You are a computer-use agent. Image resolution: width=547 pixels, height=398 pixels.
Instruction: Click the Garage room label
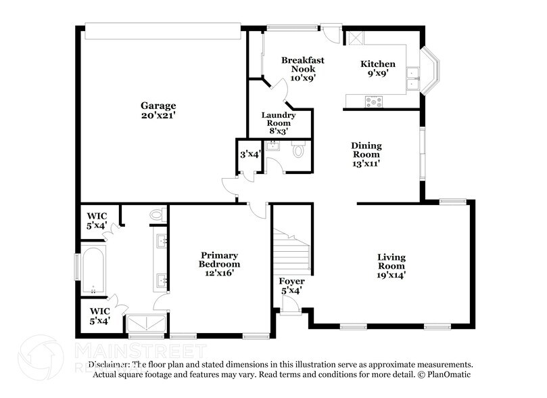(158, 106)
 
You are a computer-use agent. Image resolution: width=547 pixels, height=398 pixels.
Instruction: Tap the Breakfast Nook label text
(302, 64)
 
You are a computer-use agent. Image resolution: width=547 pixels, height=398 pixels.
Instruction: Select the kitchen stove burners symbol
(373, 102)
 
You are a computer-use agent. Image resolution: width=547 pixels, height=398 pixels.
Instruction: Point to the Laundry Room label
(279, 118)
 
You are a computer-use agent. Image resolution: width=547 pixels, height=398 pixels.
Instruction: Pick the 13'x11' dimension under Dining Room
(366, 163)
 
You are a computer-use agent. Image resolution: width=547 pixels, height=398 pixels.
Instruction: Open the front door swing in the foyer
(291, 306)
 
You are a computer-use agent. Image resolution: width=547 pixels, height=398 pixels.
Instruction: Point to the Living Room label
(391, 261)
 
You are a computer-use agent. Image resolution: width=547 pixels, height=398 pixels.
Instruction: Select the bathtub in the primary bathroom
(93, 270)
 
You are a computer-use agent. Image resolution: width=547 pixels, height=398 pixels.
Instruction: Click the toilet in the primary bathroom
(157, 215)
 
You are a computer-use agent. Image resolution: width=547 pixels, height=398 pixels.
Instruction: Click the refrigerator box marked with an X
(353, 37)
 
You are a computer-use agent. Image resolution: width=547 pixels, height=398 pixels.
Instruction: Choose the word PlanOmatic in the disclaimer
(448, 374)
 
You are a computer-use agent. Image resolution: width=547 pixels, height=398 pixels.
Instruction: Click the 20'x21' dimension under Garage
(158, 115)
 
